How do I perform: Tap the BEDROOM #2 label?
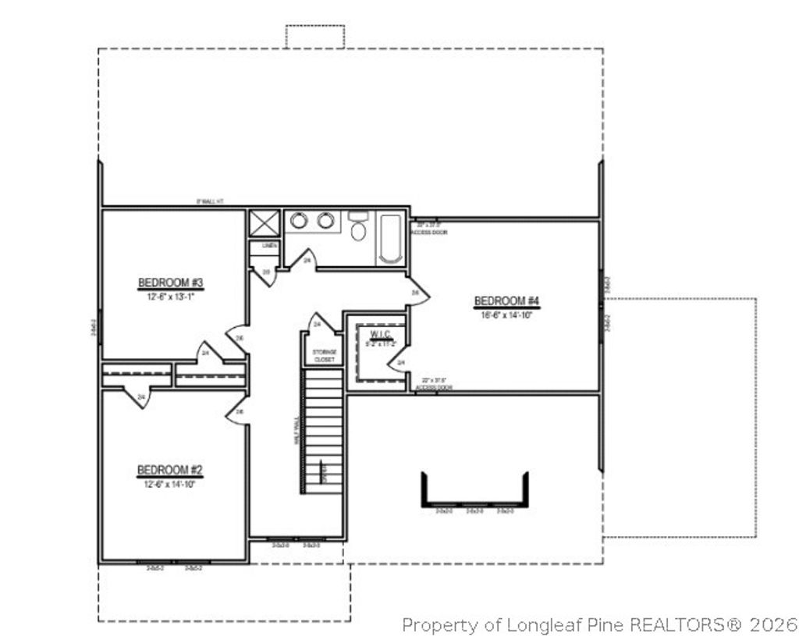[x=170, y=470]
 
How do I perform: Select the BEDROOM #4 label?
[x=507, y=301]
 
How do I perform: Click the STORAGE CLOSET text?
[x=324, y=356]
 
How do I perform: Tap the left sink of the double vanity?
[x=299, y=221]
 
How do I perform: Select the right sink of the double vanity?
[x=325, y=221]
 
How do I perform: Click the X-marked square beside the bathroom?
[x=264, y=222]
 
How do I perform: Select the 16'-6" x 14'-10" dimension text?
[x=507, y=314]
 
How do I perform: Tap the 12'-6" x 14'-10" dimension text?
[x=170, y=484]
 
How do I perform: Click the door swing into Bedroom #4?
[x=417, y=292]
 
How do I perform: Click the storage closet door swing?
[x=318, y=322]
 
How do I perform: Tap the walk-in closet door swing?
[x=401, y=362]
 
